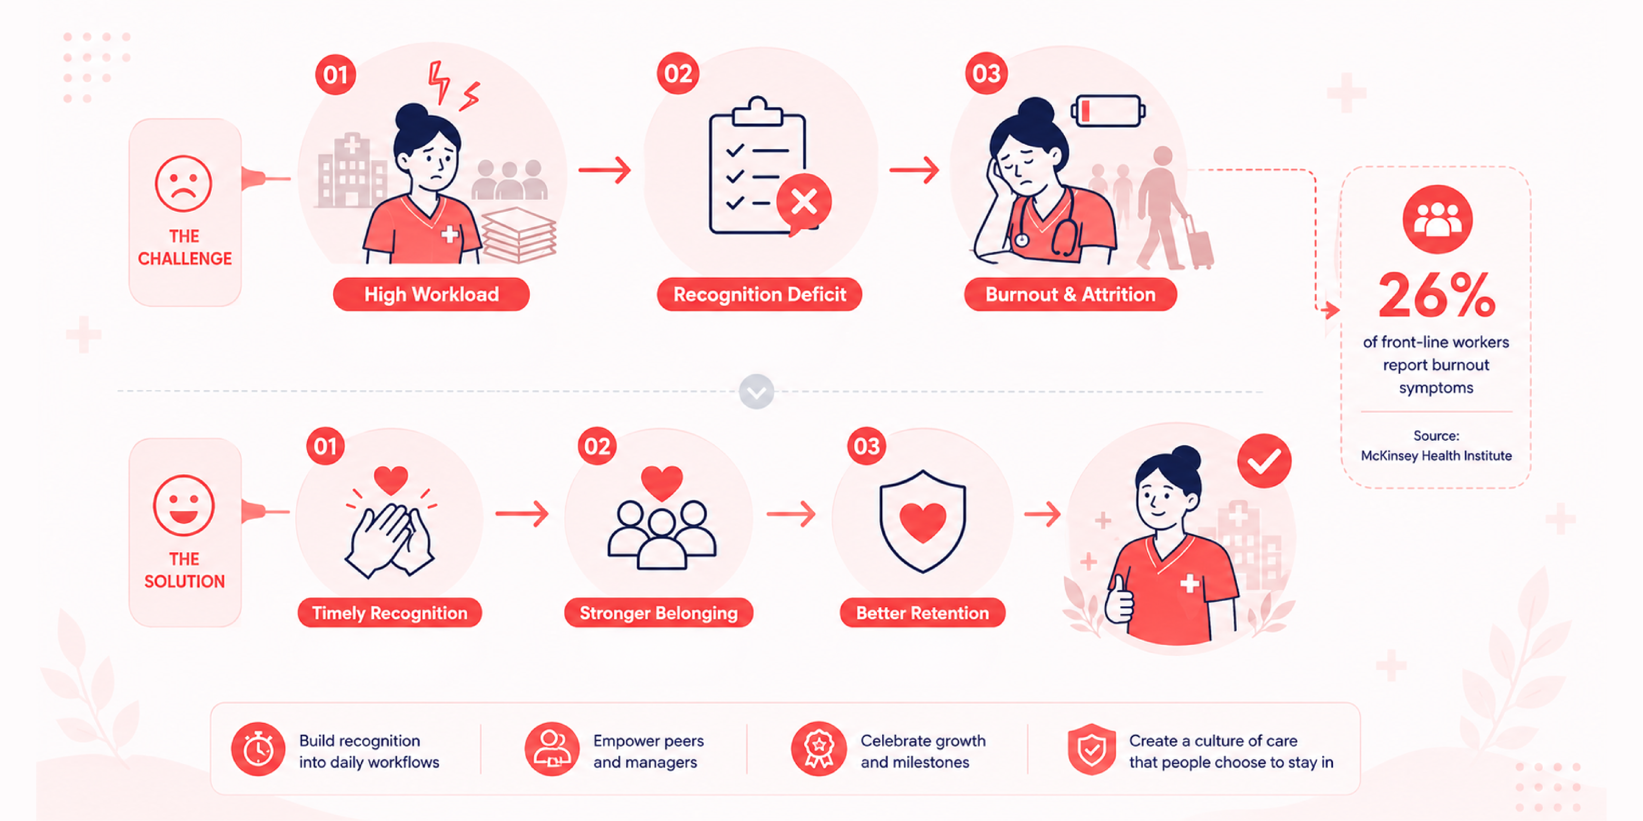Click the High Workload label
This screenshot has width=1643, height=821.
pos(431,295)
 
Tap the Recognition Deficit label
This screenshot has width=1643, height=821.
pos(759,295)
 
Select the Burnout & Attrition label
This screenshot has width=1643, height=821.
pos(1070,295)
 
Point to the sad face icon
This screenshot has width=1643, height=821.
pos(183,184)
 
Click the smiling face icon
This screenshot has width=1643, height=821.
pos(184,505)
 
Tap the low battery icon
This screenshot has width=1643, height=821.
pos(1108,111)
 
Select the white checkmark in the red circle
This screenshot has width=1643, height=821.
pos(1264,461)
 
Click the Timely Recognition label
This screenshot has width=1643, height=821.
pos(390,613)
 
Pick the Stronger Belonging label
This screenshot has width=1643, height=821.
pos(659,613)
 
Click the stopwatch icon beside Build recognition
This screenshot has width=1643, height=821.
pos(258,749)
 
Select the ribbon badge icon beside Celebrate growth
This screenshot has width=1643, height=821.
pos(819,749)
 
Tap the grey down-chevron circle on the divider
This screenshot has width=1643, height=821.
pos(756,392)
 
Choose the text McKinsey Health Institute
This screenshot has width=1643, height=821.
pos(1437,456)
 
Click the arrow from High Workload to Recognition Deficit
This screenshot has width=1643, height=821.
pos(605,170)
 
